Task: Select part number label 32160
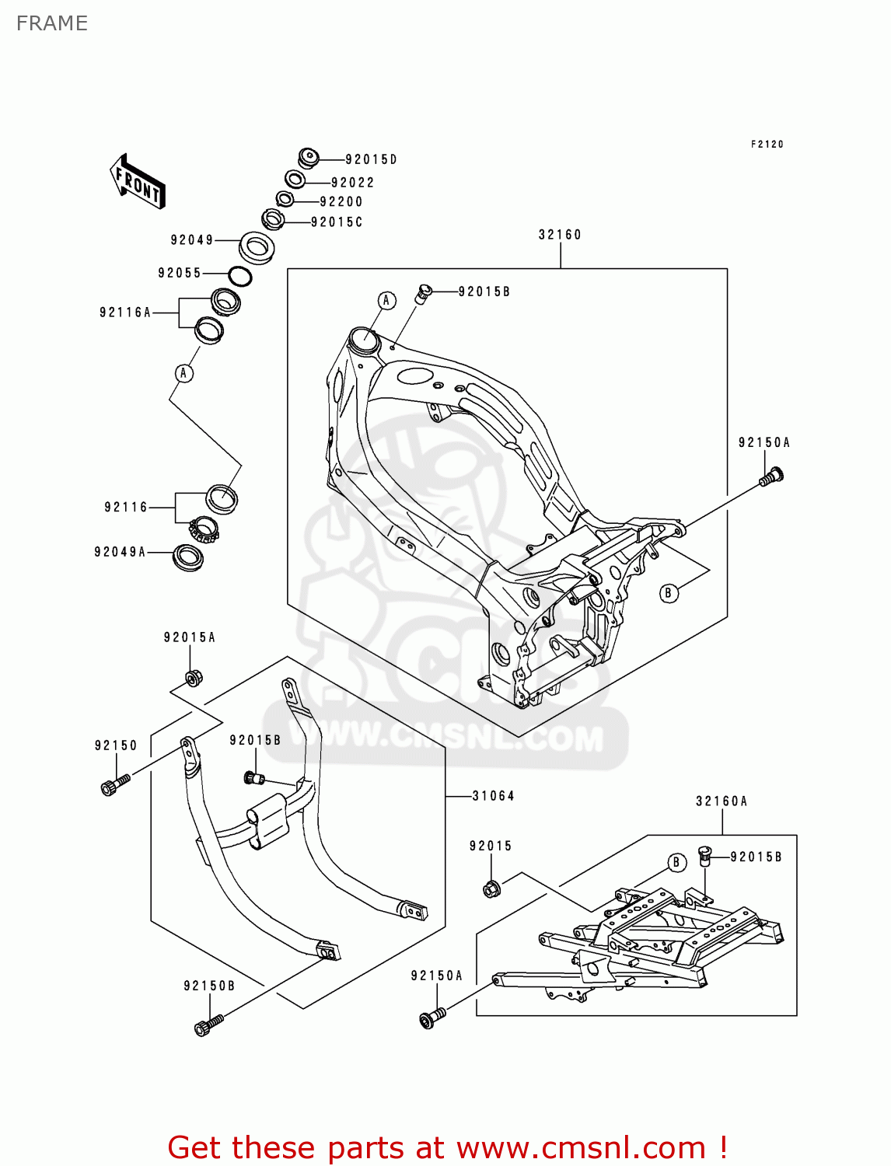click(x=560, y=235)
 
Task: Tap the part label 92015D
click(x=371, y=160)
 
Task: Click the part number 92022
click(x=352, y=183)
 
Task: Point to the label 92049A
click(x=120, y=553)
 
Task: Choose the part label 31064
click(x=493, y=796)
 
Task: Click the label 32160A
click(x=722, y=801)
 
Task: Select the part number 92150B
click(x=209, y=986)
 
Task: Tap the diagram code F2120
click(x=767, y=145)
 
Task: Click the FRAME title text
click(x=52, y=23)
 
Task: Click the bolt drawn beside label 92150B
click(x=208, y=1025)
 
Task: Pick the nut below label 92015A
click(x=193, y=678)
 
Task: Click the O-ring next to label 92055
click(x=239, y=276)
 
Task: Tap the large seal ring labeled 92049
click(x=256, y=247)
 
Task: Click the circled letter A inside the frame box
click(x=386, y=301)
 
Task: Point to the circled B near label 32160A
click(x=676, y=862)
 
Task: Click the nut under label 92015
click(x=491, y=887)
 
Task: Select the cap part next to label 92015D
click(x=309, y=158)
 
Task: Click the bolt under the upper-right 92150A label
click(x=771, y=476)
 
